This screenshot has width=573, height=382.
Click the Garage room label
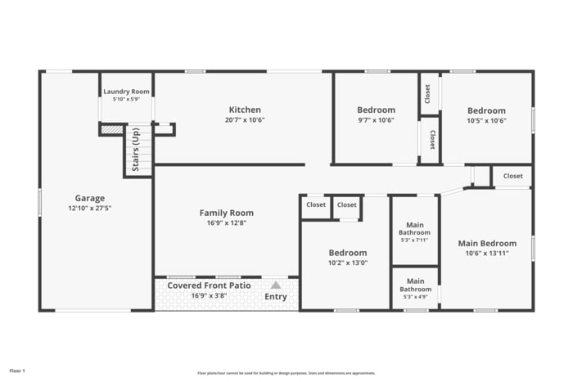coord(90,198)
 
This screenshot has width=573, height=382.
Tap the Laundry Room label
coord(126,92)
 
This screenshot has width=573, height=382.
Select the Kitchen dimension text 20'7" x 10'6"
coord(245,120)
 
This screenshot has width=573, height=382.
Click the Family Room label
coord(227,213)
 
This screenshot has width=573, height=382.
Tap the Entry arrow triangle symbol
coord(276,285)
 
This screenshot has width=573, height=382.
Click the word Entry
coord(276,296)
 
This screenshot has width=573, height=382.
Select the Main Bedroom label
coord(487,243)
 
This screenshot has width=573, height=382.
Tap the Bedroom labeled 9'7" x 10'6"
coord(376,110)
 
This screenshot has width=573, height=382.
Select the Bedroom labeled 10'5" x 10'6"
coord(486,110)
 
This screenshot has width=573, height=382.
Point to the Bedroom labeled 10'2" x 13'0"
coord(348,253)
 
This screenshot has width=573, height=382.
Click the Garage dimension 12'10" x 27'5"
coord(90,209)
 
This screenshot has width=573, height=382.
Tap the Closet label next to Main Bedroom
coord(512,176)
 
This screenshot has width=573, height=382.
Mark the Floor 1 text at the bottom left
coord(17,371)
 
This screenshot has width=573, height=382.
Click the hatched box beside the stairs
coord(111,129)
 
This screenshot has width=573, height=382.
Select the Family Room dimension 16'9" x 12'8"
coord(227,223)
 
